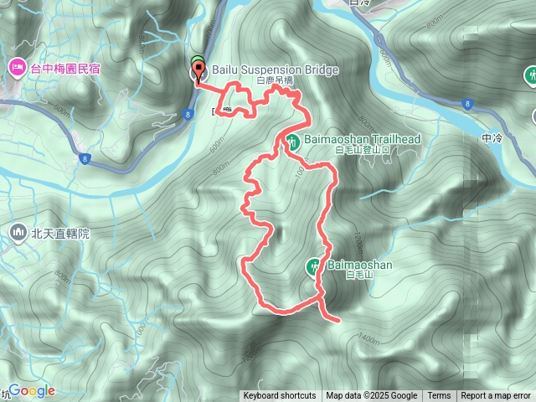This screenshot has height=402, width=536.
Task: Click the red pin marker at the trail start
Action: click(198, 70)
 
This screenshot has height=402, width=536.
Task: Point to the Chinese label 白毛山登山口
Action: click(363, 150)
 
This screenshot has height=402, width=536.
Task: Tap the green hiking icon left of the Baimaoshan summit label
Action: click(312, 266)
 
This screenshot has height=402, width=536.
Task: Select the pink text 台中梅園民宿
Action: click(65, 67)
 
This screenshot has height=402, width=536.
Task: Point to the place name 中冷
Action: click(492, 137)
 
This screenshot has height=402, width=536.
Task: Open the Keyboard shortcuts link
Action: click(280, 396)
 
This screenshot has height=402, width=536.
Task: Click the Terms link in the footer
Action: click(439, 396)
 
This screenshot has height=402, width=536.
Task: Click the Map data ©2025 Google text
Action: click(371, 396)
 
